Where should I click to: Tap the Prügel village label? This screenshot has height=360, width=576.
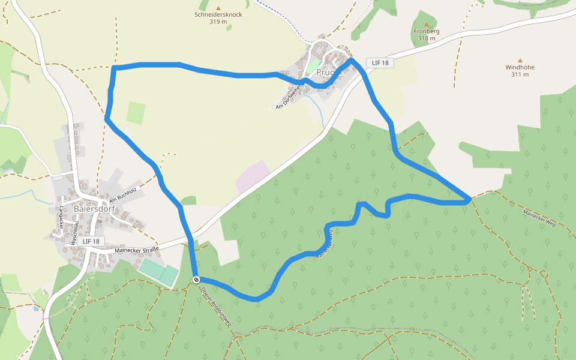pyautogui.click(x=329, y=71)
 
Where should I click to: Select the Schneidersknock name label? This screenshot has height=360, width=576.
pyautogui.click(x=218, y=14)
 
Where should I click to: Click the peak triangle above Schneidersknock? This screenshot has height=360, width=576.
pyautogui.click(x=218, y=7)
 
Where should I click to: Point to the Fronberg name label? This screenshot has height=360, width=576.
pyautogui.click(x=427, y=31)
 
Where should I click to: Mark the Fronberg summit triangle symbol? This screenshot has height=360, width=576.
pyautogui.click(x=427, y=24)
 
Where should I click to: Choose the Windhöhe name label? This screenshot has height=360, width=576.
pyautogui.click(x=520, y=67)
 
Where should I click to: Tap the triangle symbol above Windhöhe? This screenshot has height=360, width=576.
pyautogui.click(x=520, y=60)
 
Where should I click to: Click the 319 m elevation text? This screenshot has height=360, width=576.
pyautogui.click(x=218, y=22)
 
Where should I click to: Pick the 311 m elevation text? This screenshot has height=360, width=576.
pyautogui.click(x=520, y=74)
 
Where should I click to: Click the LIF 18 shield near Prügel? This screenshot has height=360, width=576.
pyautogui.click(x=380, y=62)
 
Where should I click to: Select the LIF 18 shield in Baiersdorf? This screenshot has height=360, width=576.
pyautogui.click(x=91, y=241)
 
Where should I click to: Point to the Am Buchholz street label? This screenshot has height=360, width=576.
pyautogui.click(x=123, y=195)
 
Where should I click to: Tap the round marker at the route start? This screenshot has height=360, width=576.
pyautogui.click(x=196, y=280)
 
